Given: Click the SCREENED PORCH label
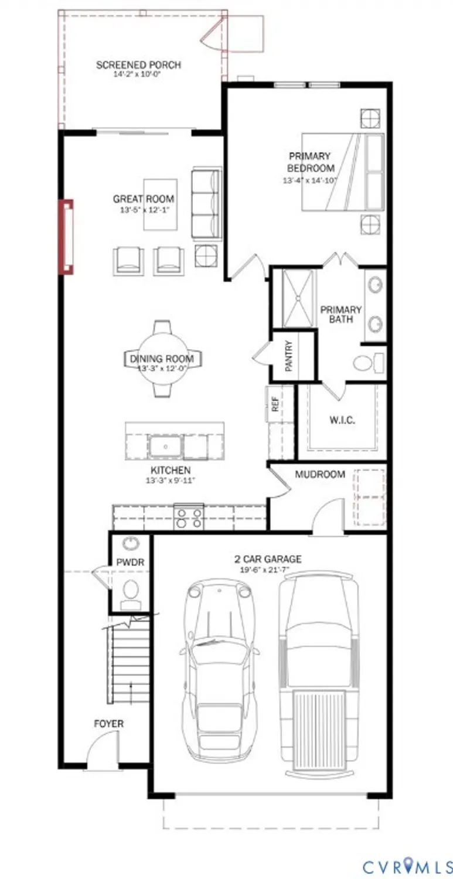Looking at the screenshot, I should (x=138, y=65).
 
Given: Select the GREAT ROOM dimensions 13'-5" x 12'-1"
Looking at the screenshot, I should (x=144, y=210).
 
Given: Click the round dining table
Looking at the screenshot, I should (x=162, y=358).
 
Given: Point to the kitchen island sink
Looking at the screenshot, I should (x=165, y=447).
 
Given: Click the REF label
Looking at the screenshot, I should (x=274, y=404).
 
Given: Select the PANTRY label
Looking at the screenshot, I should (x=288, y=356).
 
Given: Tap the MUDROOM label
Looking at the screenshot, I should (x=320, y=474).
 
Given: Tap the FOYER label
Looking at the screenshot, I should (x=109, y=724).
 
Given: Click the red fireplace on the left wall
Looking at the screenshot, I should (x=66, y=237).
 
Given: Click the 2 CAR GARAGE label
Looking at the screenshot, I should (x=268, y=559).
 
